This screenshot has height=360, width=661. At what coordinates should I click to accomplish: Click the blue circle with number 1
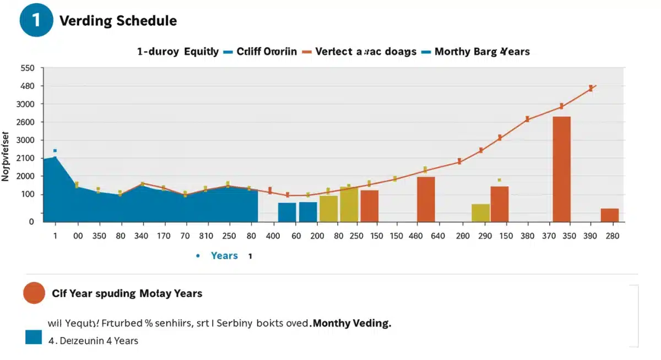[36, 21]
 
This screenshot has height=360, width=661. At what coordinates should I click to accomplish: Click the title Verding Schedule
[118, 21]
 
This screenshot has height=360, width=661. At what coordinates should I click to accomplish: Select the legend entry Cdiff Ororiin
[267, 52]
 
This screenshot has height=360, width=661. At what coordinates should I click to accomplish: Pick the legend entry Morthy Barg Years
[482, 52]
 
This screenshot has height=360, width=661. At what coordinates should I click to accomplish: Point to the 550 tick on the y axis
[28, 68]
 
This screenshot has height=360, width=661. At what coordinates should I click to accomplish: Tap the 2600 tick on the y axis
[25, 122]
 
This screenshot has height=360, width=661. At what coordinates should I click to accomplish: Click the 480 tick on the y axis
[28, 86]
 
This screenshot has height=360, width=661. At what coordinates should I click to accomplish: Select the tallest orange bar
[561, 169]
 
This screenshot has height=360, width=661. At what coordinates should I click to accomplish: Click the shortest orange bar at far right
[609, 215]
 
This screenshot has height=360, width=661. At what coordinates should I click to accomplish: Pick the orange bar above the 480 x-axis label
[426, 199]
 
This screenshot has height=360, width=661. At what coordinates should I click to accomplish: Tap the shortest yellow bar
[480, 212]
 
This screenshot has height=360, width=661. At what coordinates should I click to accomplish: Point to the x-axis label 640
[437, 236]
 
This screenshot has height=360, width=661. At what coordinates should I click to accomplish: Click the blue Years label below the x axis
[224, 256]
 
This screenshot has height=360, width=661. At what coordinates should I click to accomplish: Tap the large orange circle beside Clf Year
[34, 293]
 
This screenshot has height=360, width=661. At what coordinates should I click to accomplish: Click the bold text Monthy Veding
[351, 324]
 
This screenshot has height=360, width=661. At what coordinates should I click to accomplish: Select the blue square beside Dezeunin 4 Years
[34, 337]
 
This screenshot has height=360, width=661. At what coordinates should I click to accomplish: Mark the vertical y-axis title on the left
[6, 156]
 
